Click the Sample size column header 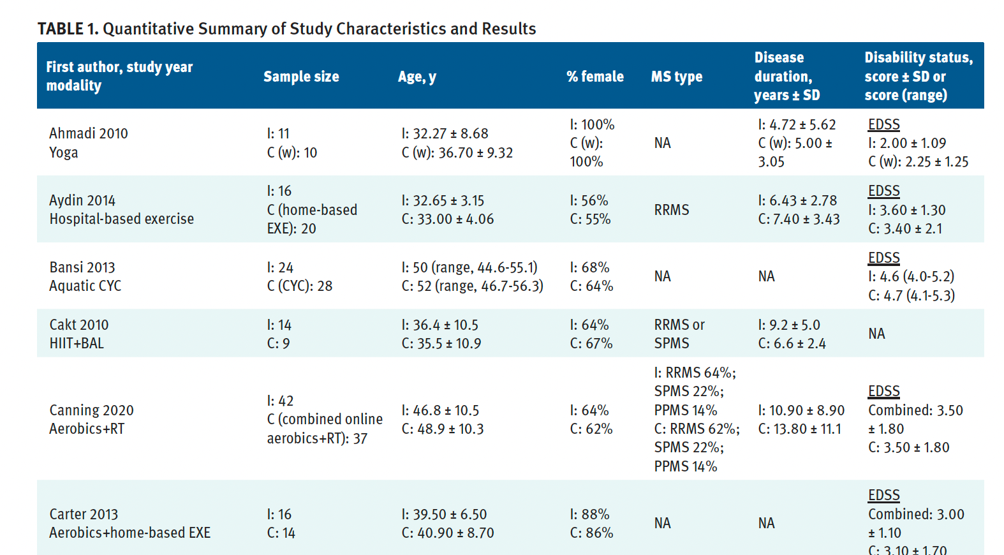coord(301,77)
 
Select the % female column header coord(594,77)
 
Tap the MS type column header coord(676,77)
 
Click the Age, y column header coord(417,77)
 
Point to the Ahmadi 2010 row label coord(89,133)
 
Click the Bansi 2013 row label coord(82,267)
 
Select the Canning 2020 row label coord(91,410)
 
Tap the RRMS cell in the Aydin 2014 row coord(672,210)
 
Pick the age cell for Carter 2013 coord(447,523)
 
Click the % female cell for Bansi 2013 coord(591,276)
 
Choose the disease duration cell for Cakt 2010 coord(792,334)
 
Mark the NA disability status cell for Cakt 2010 coord(876,334)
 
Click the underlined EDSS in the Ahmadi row coord(883,124)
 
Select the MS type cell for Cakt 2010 coord(679,334)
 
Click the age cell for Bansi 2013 coord(472,276)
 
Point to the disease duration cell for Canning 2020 coord(801,419)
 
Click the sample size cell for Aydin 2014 coord(312,210)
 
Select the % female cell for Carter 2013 coord(591,523)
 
